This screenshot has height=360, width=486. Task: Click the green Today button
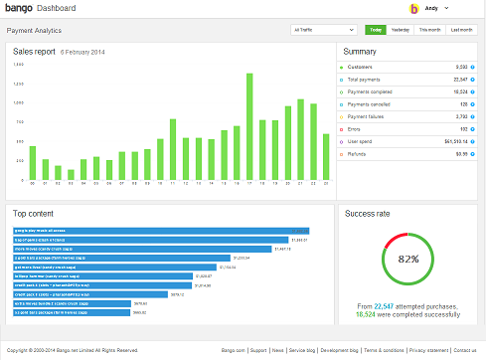tap(376, 30)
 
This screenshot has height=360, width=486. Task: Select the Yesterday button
tap(401, 30)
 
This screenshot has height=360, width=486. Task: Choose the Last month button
tap(460, 30)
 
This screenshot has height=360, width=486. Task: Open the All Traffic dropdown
tap(325, 30)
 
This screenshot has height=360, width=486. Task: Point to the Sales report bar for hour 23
tap(326, 155)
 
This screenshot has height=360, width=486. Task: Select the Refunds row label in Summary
tap(358, 154)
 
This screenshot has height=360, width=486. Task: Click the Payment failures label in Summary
tap(365, 115)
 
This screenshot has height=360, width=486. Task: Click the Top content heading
tap(34, 213)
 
